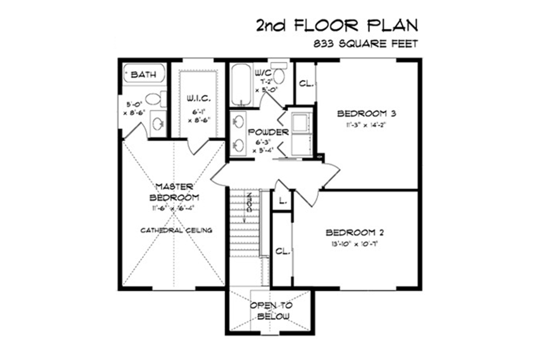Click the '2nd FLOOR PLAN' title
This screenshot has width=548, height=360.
coord(337,25)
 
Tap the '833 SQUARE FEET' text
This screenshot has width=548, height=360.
coord(365,44)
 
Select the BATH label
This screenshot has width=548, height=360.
coord(143,75)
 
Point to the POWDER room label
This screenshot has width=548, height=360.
coord(268,133)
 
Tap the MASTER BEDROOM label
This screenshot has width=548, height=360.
coord(174,192)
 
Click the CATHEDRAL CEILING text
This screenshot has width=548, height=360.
coord(176,230)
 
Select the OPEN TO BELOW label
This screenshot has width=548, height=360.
coord(271,311)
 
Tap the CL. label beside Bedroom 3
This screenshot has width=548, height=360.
coord(305,83)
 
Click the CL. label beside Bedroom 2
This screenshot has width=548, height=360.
coord(282,251)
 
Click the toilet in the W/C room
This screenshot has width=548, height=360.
coord(279,76)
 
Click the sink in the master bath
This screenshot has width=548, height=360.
coord(158,123)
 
